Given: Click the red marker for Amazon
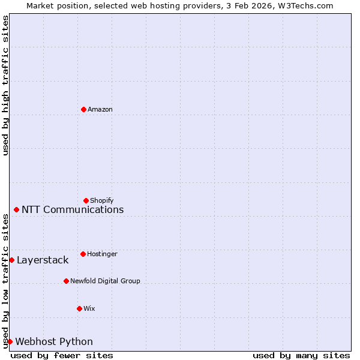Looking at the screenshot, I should (83, 109).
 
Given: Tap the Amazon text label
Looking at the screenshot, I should (100, 109).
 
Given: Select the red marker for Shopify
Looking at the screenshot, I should (86, 200).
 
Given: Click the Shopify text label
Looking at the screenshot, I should (101, 200).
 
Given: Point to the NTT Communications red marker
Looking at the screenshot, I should (16, 209).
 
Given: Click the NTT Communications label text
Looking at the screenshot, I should (73, 209).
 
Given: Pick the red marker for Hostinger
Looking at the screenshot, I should (83, 254).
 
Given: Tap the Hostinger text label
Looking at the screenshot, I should (102, 254).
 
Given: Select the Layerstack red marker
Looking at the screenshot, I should (11, 260).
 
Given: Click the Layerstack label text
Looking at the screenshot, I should (43, 260).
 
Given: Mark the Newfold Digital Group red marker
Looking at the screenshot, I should (66, 281).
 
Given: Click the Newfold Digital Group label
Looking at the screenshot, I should (105, 281).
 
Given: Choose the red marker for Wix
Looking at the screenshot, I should (79, 308).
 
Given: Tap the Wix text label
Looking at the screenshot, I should (89, 308).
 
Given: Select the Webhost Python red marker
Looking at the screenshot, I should (10, 341).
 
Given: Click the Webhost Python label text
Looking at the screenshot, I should (54, 341).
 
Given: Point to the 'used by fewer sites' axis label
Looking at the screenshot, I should (62, 355).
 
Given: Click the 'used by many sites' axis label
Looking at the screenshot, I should (301, 355).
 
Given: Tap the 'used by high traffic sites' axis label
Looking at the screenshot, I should (5, 85).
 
